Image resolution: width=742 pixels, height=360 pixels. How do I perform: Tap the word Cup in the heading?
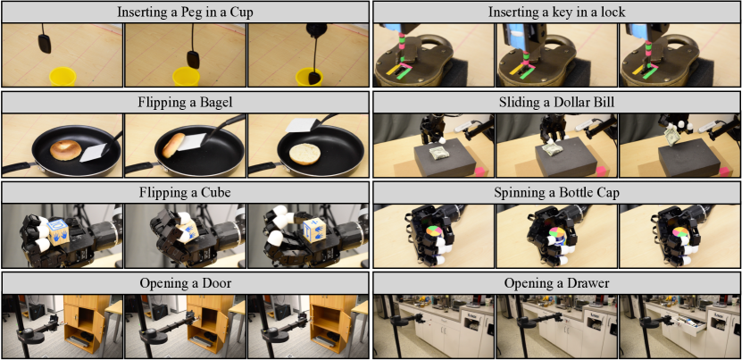pos(242,12)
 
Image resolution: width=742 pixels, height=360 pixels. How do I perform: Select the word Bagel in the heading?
pos(217,102)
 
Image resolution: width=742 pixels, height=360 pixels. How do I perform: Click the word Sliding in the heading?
pos(518,103)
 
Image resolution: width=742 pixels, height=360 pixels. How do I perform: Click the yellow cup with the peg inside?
pos(310,77)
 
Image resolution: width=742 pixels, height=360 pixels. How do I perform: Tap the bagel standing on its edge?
pos(173,145)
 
